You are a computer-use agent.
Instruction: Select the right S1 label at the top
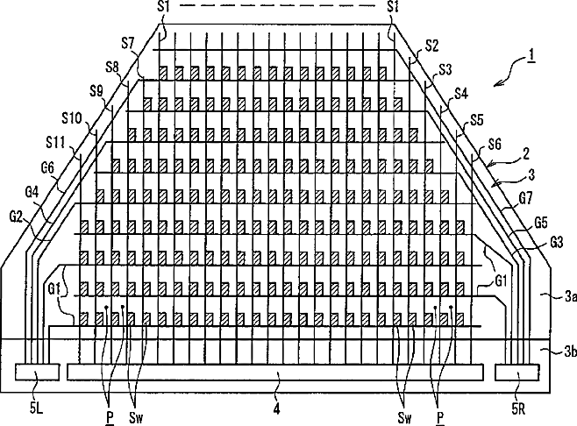[395, 7]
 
